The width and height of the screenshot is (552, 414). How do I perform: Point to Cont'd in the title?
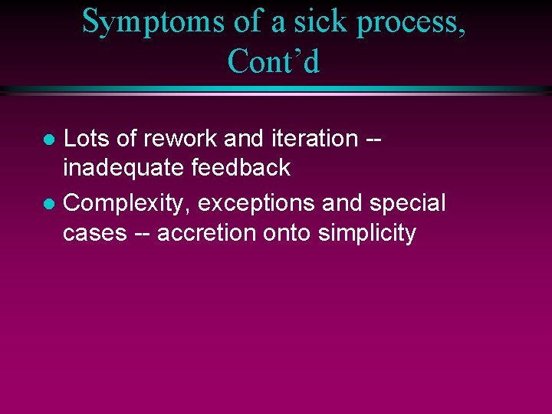point(274,62)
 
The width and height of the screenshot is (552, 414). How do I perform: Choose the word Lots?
point(87,139)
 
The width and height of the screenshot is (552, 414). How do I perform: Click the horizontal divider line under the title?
point(276,90)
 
